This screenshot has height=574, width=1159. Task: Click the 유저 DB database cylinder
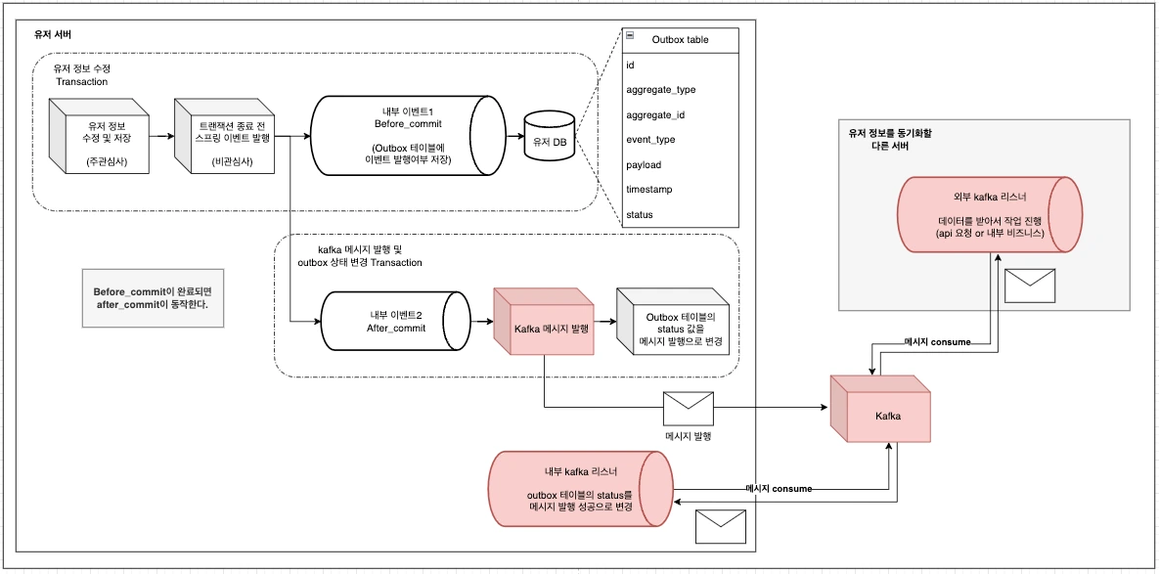tap(549, 141)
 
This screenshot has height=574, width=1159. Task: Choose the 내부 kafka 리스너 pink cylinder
tap(581, 489)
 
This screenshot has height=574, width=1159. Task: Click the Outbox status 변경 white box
tap(676, 330)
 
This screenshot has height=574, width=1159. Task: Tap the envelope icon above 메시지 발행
tap(688, 406)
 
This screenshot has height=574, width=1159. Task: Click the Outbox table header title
tap(680, 40)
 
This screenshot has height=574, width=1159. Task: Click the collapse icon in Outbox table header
tap(631, 35)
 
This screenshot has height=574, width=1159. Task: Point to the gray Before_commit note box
tap(152, 298)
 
